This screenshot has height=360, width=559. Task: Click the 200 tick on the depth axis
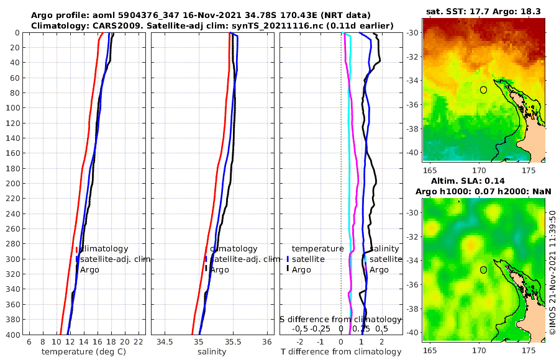point(11,183)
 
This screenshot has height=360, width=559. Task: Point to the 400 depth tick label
point(11,335)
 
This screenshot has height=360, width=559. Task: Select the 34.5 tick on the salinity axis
point(165,342)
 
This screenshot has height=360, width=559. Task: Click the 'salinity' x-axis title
point(212,352)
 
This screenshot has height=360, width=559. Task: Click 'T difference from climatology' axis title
point(341,352)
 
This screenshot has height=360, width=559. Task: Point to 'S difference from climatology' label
point(340,319)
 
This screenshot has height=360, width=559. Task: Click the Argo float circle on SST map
point(483,90)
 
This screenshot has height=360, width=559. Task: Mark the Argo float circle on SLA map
point(483,270)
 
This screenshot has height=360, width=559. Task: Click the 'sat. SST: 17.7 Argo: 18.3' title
point(483,11)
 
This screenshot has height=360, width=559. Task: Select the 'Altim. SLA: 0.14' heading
point(483,181)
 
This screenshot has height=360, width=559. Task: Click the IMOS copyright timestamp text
point(552,272)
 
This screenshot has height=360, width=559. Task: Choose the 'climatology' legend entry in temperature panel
point(104,249)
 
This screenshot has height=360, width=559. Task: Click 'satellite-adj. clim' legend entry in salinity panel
point(243,259)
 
